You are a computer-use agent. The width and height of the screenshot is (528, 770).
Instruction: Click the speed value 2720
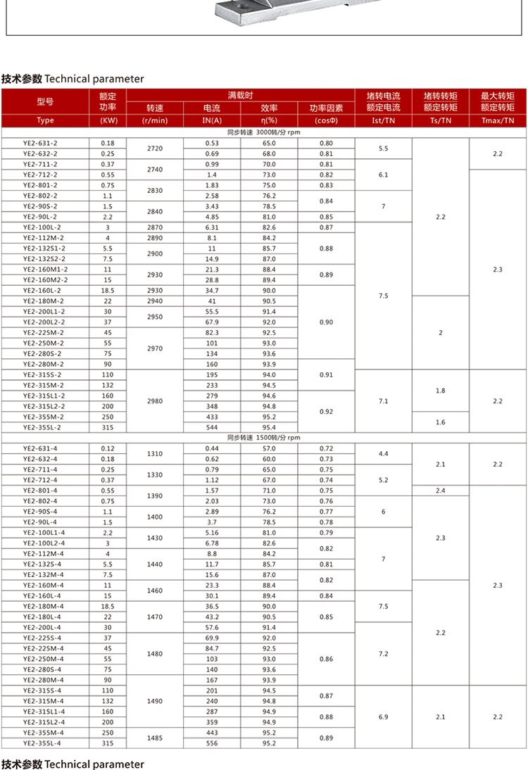pos(155,149)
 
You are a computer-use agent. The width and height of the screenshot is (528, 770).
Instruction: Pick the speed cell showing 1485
pos(155,738)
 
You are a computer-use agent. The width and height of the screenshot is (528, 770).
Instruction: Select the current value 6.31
pos(212,227)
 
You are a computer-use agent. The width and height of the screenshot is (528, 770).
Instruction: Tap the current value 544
pos(212,427)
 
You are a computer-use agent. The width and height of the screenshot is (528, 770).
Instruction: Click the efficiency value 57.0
pos(269,448)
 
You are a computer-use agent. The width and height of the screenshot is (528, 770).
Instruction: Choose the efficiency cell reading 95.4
pos(269,427)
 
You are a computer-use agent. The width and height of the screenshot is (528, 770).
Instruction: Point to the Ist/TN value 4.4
pos(383,454)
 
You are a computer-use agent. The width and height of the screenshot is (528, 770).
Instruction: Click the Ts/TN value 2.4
pos(441,491)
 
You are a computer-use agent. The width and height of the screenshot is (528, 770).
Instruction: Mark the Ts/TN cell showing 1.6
pos(441,422)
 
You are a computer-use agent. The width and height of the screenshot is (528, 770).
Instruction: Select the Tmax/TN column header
pos(498,120)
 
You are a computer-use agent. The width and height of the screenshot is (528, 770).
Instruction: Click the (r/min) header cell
pos(155,120)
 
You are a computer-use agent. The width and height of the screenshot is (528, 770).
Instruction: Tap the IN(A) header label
pos(212,120)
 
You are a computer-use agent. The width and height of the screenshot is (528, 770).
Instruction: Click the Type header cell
pos(45,120)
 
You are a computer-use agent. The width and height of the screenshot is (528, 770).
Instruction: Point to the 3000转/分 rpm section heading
pos(263,132)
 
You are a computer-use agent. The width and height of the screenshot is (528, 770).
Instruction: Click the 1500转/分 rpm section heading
pos(263,438)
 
